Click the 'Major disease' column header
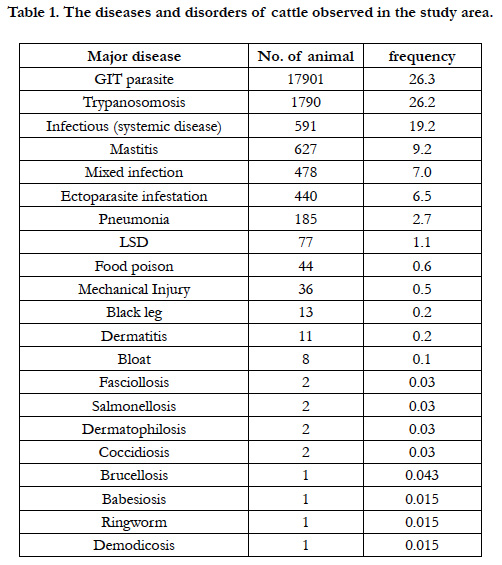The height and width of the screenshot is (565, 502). pyautogui.click(x=134, y=57)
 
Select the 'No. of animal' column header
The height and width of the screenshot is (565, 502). pyautogui.click(x=306, y=56)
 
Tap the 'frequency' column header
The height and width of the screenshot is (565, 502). pyautogui.click(x=422, y=57)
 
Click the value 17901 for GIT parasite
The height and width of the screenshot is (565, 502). pyautogui.click(x=306, y=79)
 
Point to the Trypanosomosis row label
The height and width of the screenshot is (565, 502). pyautogui.click(x=134, y=103)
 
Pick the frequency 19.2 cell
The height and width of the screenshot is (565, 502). pyautogui.click(x=422, y=126)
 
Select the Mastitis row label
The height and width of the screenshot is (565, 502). pyautogui.click(x=134, y=149)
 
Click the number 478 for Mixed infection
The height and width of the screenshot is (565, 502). pyautogui.click(x=306, y=172)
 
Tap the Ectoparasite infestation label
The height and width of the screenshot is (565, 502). pyautogui.click(x=134, y=196)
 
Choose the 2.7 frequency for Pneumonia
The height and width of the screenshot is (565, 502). pyautogui.click(x=422, y=219)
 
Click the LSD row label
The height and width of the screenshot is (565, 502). pyautogui.click(x=134, y=242)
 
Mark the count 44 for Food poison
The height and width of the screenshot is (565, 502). pyautogui.click(x=306, y=266)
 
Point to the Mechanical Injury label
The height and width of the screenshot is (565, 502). pyautogui.click(x=134, y=290)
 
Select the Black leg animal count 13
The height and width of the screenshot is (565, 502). pyautogui.click(x=306, y=312)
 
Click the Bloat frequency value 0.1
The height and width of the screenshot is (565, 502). pyautogui.click(x=422, y=359)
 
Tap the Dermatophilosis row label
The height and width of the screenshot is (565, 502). pyautogui.click(x=134, y=430)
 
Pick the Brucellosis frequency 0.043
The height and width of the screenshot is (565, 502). pyautogui.click(x=422, y=475)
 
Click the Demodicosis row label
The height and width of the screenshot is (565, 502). pyautogui.click(x=134, y=545)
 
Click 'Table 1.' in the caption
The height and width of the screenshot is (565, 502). pyautogui.click(x=34, y=13)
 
